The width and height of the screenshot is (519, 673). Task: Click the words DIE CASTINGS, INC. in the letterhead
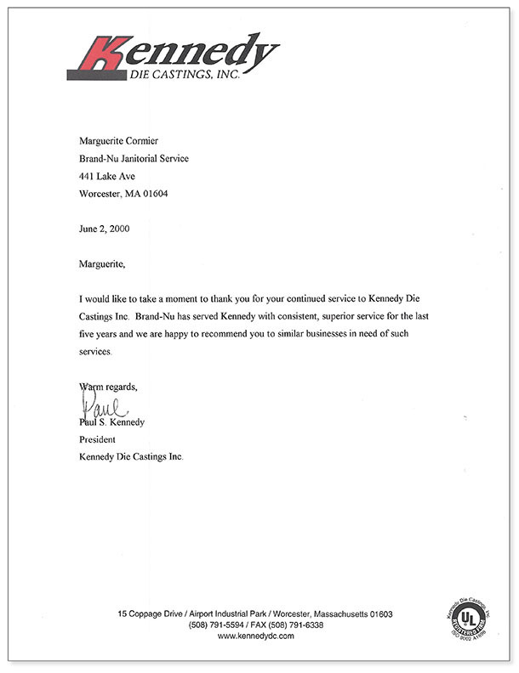point(180,76)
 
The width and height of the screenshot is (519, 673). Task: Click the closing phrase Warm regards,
point(107,387)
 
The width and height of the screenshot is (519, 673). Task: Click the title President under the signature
point(96,439)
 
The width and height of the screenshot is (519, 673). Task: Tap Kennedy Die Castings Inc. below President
point(130,457)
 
